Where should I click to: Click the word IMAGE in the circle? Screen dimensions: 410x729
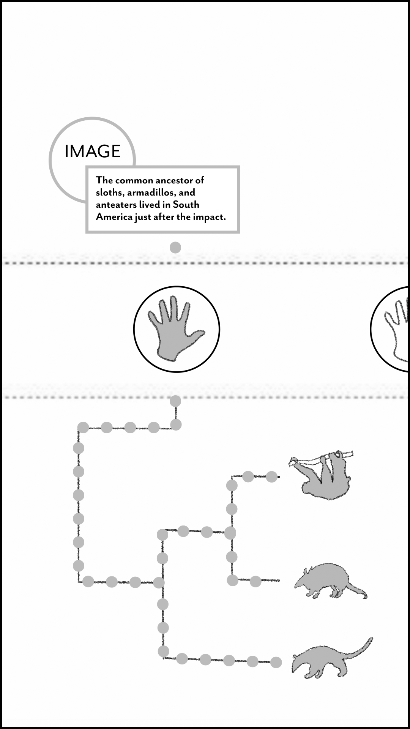93,151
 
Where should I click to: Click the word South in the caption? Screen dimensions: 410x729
186,204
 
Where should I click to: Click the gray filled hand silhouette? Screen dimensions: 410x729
175,329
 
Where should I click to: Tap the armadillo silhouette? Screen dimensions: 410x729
330,580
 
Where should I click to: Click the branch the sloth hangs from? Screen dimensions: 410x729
321,459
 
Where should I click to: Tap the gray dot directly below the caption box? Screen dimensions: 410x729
175,248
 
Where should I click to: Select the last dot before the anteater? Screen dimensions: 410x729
276,662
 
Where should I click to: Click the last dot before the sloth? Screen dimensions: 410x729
271,477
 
